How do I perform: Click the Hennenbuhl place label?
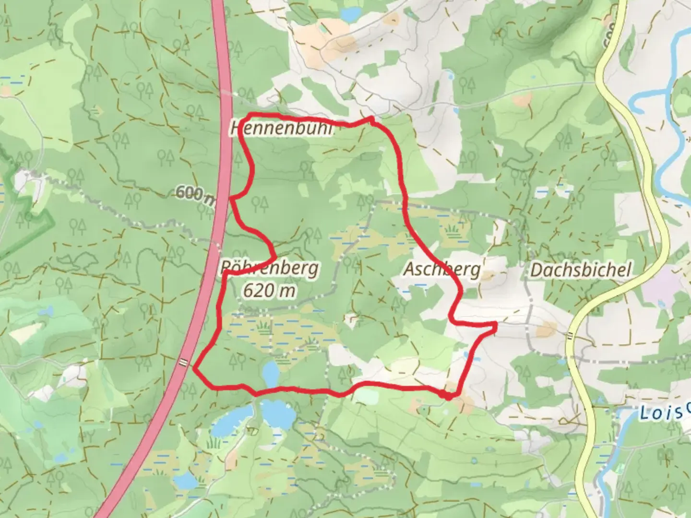[x=281, y=129]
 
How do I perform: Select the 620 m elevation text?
[x=269, y=291]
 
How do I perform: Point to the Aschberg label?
[x=441, y=270]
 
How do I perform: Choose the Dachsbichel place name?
[x=580, y=270]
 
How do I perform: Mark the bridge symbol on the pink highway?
[x=183, y=363]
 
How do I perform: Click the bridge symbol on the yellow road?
[x=570, y=336]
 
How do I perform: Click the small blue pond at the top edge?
[x=351, y=14]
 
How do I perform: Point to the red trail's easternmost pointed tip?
[x=494, y=328]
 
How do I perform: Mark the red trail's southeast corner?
[x=448, y=396]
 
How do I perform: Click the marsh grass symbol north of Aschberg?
[x=452, y=232]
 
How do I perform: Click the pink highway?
[x=223, y=96]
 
